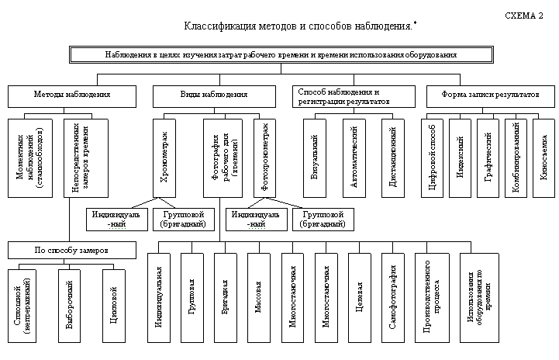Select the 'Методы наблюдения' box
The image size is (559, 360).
click(71, 95)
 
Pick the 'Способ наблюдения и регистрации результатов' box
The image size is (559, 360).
click(354, 95)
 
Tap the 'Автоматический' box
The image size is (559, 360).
click(354, 154)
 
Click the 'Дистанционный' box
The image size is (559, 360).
click(394, 154)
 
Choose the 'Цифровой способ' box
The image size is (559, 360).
click(434, 154)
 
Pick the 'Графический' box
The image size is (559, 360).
click(489, 154)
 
